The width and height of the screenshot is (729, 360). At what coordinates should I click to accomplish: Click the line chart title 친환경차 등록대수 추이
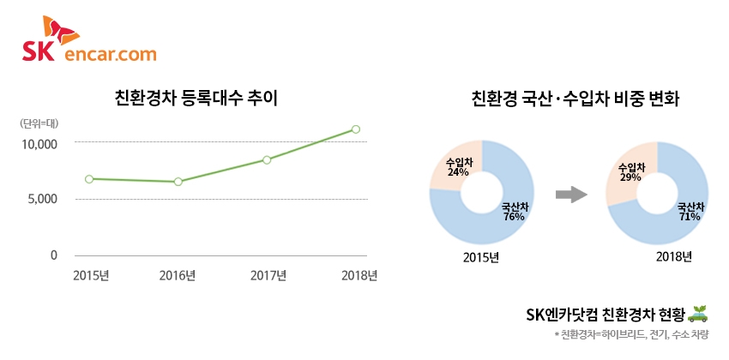196,98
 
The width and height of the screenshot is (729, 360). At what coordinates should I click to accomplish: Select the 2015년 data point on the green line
89,178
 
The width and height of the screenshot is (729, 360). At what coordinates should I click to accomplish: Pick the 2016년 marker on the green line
178,182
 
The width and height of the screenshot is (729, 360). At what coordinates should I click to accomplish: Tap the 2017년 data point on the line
267,159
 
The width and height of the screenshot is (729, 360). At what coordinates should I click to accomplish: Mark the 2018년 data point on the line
355,129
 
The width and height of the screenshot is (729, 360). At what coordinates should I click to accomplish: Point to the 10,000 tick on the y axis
39,143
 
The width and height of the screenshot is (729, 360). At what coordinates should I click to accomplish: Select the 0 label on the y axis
53,255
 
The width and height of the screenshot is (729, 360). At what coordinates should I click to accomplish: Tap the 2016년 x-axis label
178,275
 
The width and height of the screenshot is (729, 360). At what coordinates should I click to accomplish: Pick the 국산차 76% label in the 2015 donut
514,212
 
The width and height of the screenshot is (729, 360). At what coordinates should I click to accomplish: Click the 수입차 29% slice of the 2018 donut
631,171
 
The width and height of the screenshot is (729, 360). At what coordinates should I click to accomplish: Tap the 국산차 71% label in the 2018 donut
690,212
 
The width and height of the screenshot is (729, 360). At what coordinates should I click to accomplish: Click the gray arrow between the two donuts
570,195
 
